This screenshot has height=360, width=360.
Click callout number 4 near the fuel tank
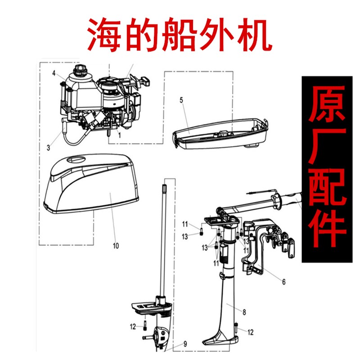pyautogui.click(x=53, y=73)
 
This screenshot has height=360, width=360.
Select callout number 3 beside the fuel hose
pyautogui.click(x=48, y=147)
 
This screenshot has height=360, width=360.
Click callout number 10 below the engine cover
pyautogui.click(x=116, y=246)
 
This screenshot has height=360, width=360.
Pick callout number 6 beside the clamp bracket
pyautogui.click(x=283, y=282)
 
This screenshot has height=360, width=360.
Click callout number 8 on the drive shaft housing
pyautogui.click(x=243, y=311)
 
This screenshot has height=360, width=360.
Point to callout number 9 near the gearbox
pyautogui.click(x=184, y=344)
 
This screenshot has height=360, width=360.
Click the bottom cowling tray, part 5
pyautogui.click(x=220, y=135)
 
